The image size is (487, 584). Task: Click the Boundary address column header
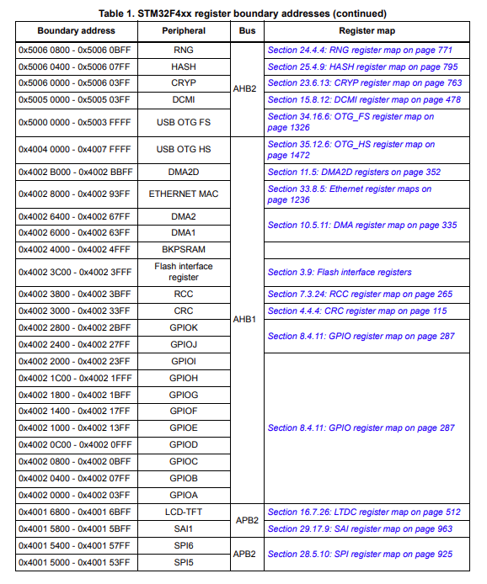[x=75, y=30]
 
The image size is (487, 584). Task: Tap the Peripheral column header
[x=184, y=30]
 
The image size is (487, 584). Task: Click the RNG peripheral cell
[x=184, y=50]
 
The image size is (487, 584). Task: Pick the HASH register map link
[x=362, y=66]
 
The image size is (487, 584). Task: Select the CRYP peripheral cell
[x=184, y=82]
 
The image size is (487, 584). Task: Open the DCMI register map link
[x=364, y=99]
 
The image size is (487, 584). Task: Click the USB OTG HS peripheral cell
[x=184, y=150]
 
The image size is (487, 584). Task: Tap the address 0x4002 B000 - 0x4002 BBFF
[x=75, y=172]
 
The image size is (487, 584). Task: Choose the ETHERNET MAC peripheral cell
[x=184, y=194]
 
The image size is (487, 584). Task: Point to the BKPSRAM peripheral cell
[x=184, y=249]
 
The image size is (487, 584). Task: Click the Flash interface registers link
[x=340, y=272]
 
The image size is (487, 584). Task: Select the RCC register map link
[x=360, y=294]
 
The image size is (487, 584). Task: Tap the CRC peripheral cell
[x=184, y=311]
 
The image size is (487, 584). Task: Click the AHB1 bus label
[x=247, y=321]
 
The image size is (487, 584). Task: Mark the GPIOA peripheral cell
[x=184, y=494]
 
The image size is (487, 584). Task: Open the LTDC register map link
[x=364, y=512]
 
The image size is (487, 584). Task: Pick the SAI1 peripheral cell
[x=184, y=528]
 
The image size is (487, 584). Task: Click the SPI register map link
[x=360, y=554]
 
